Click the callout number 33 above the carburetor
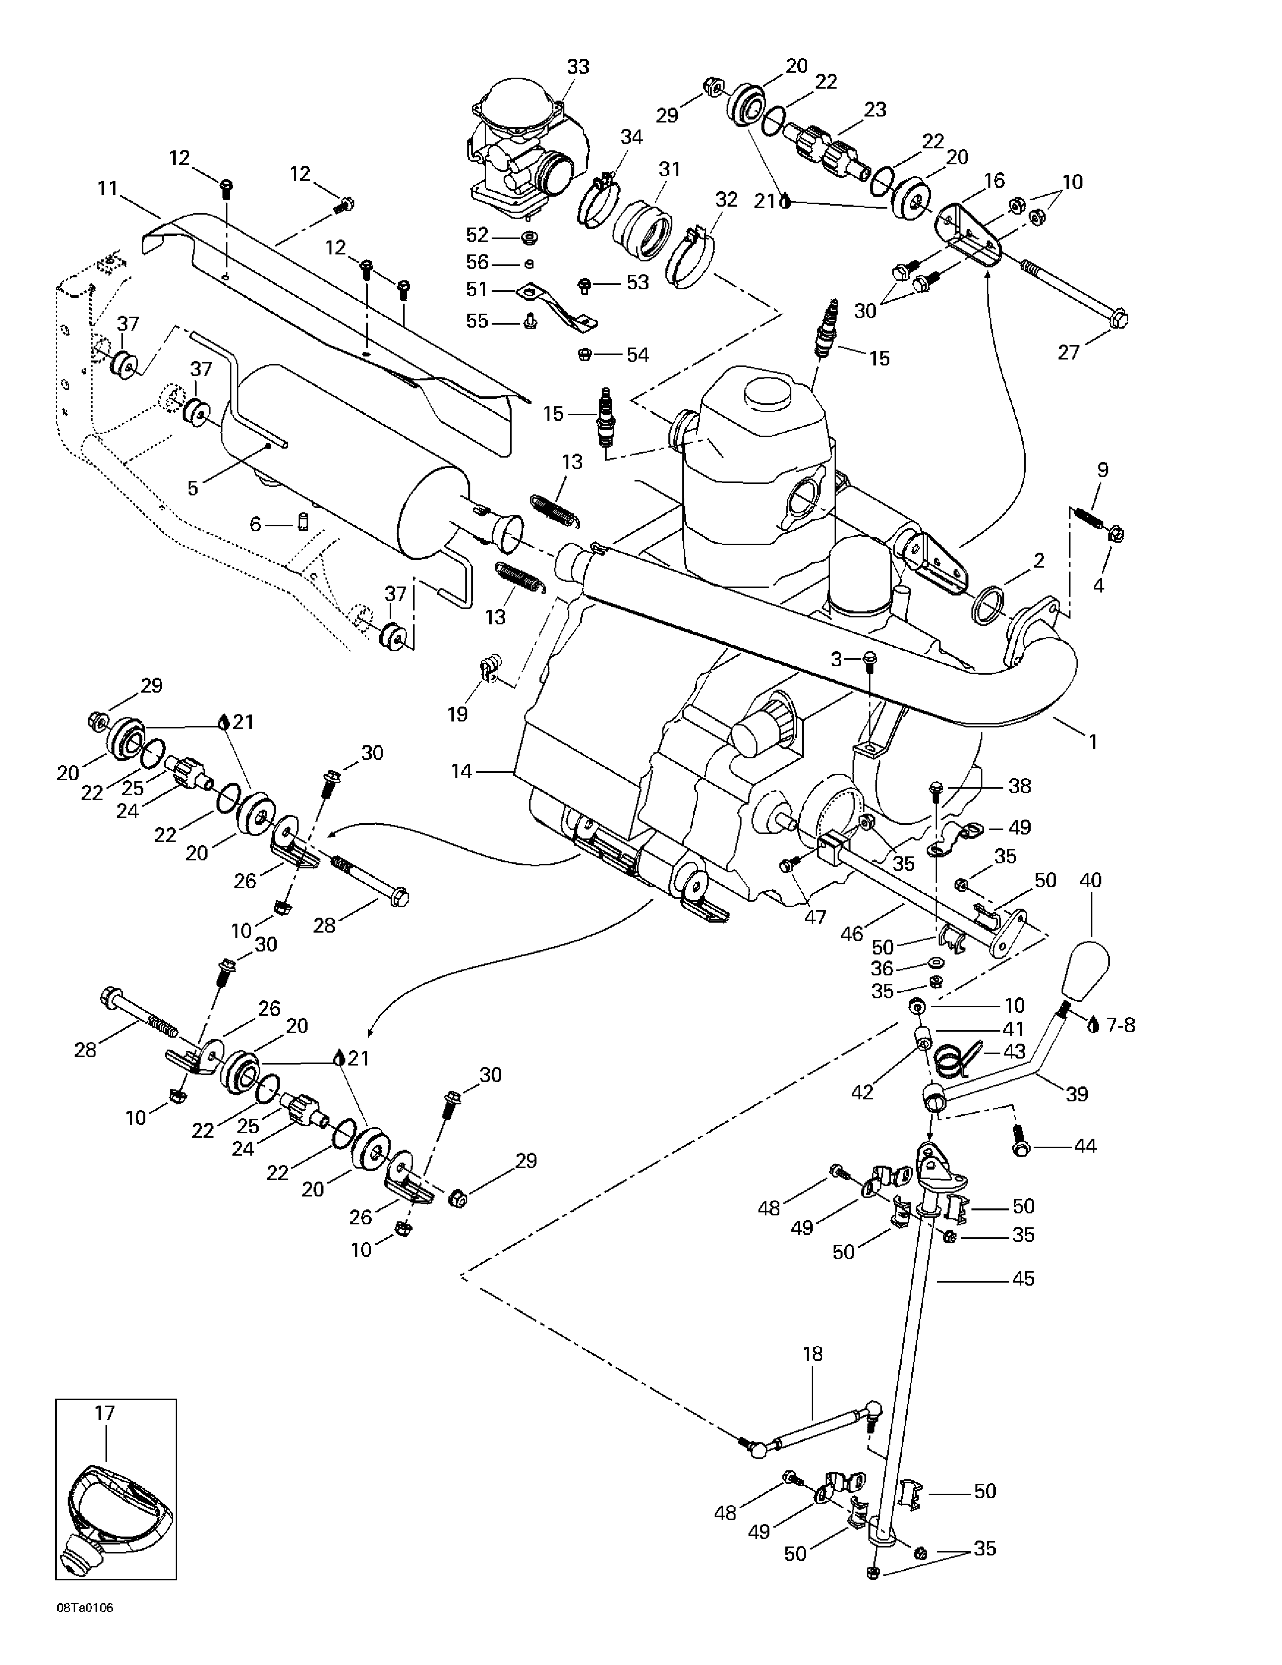point(578,67)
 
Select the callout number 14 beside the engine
point(462,772)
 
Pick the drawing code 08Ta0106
point(85,1629)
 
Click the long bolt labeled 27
point(1074,293)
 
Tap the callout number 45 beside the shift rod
point(1024,1279)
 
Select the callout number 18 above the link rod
point(813,1354)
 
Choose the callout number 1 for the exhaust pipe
point(1093,741)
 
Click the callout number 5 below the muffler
point(193,488)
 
